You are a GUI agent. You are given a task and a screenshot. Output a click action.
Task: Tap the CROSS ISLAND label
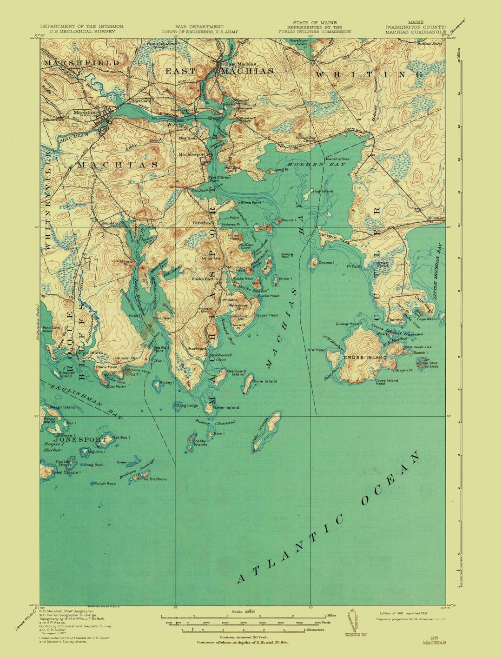pyautogui.click(x=365, y=357)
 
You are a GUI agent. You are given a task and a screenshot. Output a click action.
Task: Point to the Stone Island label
pyautogui.click(x=264, y=381)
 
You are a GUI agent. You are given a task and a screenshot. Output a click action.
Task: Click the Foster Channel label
pyautogui.click(x=215, y=423)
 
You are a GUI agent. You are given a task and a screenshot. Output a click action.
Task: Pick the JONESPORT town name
pyautogui.click(x=80, y=439)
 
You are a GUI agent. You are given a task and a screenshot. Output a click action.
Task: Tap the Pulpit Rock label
pyautogui.click(x=105, y=484)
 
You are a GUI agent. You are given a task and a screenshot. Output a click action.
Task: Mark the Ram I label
pyautogui.click(x=219, y=433)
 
